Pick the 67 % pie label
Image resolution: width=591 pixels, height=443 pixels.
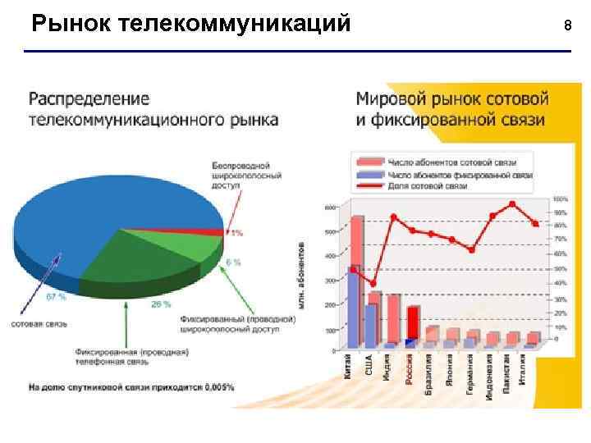[x=56, y=296]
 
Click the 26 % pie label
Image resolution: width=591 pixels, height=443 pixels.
[x=161, y=304]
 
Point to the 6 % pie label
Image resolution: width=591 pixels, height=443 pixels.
[x=233, y=263]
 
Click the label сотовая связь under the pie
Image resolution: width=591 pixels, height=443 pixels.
[x=34, y=323]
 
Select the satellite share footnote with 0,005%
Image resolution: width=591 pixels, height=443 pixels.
[x=131, y=386]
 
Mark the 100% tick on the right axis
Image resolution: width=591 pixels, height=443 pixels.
[x=560, y=199]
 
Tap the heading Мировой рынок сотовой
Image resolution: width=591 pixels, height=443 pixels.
[x=451, y=98]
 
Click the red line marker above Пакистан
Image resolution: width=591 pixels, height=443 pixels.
[x=512, y=204]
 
